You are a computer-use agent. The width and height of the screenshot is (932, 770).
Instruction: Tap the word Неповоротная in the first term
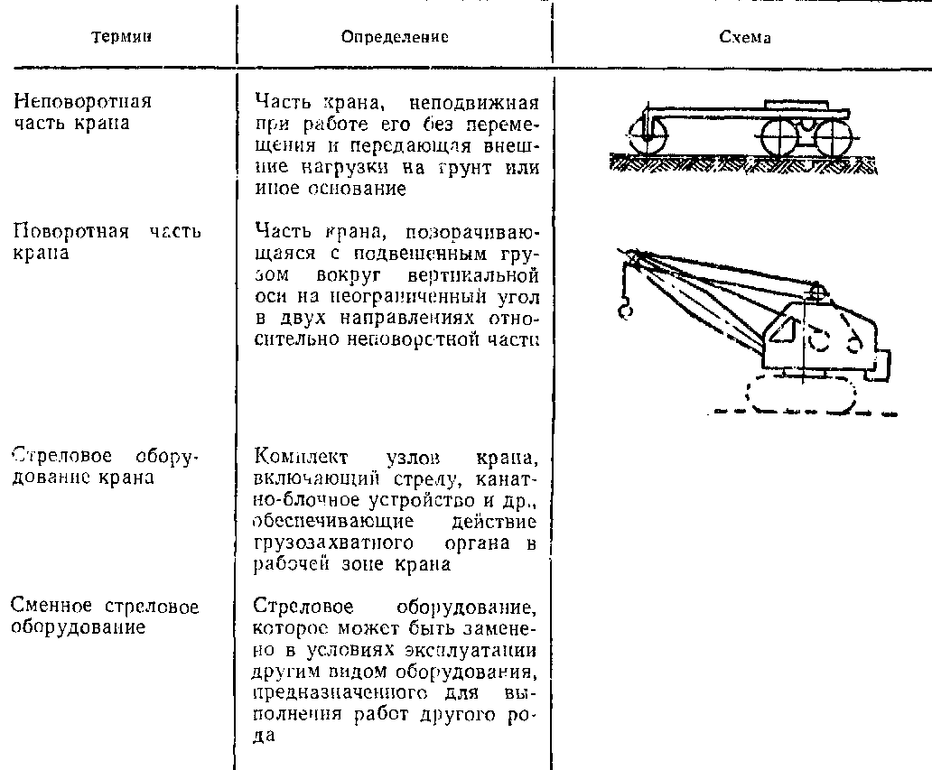click(x=83, y=100)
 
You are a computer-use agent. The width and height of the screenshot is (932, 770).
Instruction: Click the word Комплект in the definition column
click(x=303, y=456)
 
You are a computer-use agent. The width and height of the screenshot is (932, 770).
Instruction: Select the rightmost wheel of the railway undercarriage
click(x=833, y=138)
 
